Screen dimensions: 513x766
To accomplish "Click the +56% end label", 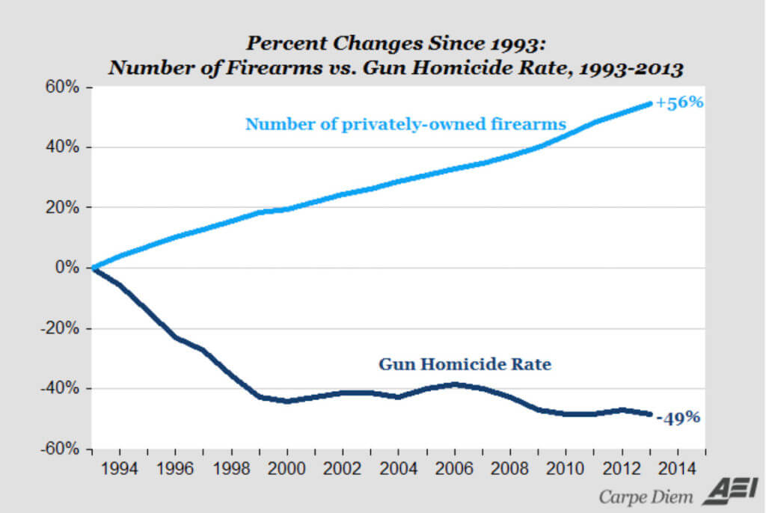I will tap(679, 103).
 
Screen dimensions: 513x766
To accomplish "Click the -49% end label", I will tap(678, 417).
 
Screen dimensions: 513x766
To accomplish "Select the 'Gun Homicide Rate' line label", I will tap(465, 365).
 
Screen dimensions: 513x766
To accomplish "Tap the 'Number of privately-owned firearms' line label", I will tap(405, 124).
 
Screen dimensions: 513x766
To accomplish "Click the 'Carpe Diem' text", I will tap(646, 496).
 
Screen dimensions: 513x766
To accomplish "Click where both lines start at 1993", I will tap(93, 268).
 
